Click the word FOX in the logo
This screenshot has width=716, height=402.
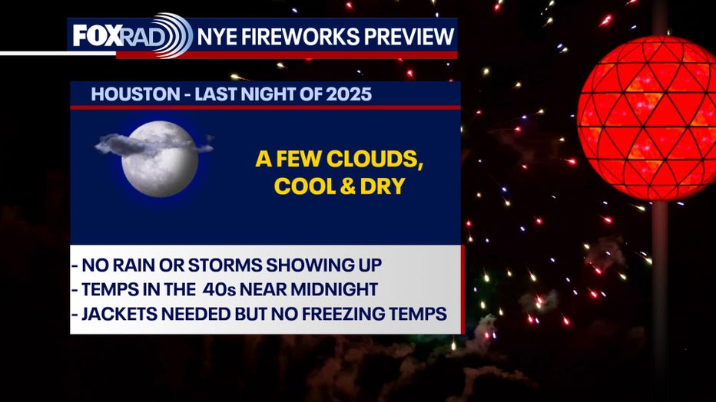98,35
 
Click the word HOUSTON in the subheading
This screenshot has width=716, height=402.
136,94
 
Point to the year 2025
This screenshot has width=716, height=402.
349,94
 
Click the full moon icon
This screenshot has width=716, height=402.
160,159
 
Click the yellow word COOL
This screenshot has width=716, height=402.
303,186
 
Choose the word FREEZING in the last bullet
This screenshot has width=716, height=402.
346,314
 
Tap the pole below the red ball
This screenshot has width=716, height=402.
660,301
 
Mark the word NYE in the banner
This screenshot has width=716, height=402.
217,37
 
